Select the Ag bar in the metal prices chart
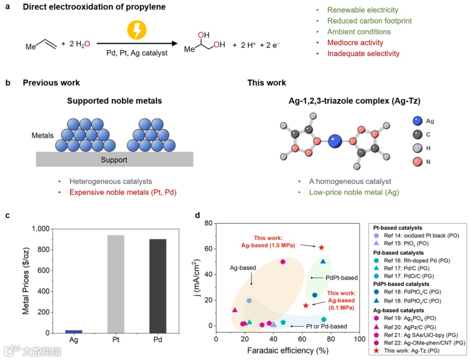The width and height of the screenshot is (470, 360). (74, 332)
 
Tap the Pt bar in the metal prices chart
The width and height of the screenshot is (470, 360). (115, 284)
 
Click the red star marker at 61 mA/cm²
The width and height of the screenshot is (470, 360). (321, 247)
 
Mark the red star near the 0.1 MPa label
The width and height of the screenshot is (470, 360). (306, 306)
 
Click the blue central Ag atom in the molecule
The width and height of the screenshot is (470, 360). (334, 141)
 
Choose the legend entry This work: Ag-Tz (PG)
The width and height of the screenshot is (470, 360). (416, 351)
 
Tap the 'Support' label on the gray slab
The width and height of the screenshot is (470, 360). (114, 160)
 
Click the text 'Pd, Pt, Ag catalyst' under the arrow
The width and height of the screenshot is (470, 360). (137, 53)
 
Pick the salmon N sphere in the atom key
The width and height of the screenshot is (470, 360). (417, 162)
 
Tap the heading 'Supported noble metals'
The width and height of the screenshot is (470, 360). (114, 101)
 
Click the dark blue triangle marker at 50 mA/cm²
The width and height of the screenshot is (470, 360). (323, 261)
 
